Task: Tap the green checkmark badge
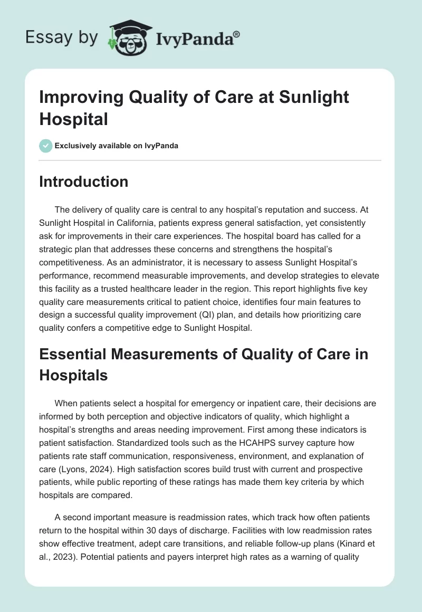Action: point(45,146)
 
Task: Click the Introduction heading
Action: point(84,181)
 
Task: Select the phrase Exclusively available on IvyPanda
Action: point(117,146)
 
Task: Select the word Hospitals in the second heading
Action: point(74,375)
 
